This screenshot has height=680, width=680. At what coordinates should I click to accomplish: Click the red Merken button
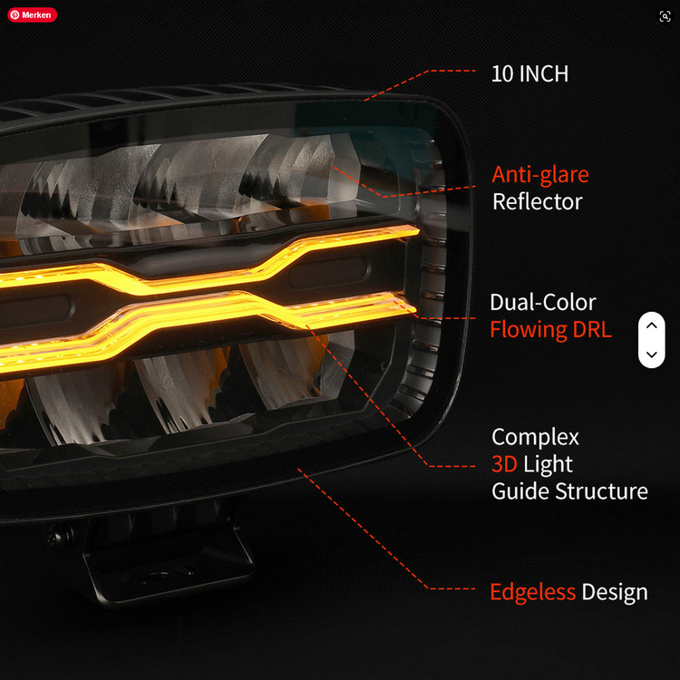[32, 15]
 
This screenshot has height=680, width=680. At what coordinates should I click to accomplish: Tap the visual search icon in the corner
[665, 16]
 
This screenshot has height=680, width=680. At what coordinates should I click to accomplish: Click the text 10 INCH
[529, 73]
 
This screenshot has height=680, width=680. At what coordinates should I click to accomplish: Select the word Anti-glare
[540, 175]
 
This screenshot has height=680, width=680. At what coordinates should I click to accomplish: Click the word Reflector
[538, 201]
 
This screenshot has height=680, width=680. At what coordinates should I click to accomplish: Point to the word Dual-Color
[543, 302]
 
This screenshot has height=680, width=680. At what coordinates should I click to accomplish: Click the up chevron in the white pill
[651, 325]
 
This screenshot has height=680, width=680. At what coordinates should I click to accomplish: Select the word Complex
[535, 437]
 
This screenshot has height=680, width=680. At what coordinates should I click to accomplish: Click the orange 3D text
[504, 464]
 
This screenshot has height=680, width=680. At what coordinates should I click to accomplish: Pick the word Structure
[601, 491]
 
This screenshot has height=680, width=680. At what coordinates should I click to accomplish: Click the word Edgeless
[532, 591]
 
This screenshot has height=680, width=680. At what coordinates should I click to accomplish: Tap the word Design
[615, 592]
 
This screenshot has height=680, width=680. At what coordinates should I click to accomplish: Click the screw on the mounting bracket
[60, 538]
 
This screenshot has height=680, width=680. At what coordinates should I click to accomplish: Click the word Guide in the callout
[520, 491]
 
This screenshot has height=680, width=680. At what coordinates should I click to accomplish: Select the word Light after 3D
[548, 464]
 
